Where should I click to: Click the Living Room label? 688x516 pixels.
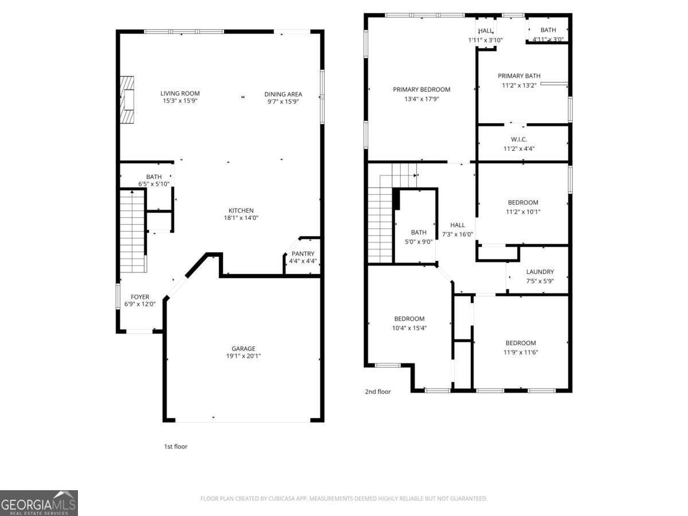coord(179,93)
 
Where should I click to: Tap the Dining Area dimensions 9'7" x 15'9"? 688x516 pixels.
coord(283,101)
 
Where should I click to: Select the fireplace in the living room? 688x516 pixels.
coord(127,100)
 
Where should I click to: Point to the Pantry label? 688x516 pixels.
coord(303,253)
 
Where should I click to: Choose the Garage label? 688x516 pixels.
coord(243,349)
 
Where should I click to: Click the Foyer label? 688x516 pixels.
coord(140,297)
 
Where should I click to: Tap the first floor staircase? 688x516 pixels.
coord(132,232)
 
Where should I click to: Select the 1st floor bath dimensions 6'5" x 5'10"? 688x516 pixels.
coord(154,184)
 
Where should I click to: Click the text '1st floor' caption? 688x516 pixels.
coord(176,446)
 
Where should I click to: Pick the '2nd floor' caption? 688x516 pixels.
coord(378,392)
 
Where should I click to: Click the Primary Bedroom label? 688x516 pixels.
coord(421,89)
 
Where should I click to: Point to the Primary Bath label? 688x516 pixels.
coord(519,76)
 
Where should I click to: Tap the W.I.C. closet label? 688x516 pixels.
coord(519,139)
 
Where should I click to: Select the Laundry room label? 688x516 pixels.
coord(540,272)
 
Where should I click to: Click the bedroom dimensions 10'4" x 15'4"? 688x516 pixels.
coord(409,328)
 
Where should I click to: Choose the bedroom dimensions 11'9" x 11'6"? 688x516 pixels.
coord(521,352)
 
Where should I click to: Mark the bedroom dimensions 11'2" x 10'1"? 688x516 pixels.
coord(523,212)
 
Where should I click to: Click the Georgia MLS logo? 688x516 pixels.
coord(39,503)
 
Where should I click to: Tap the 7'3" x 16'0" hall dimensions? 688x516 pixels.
coord(458,234)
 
